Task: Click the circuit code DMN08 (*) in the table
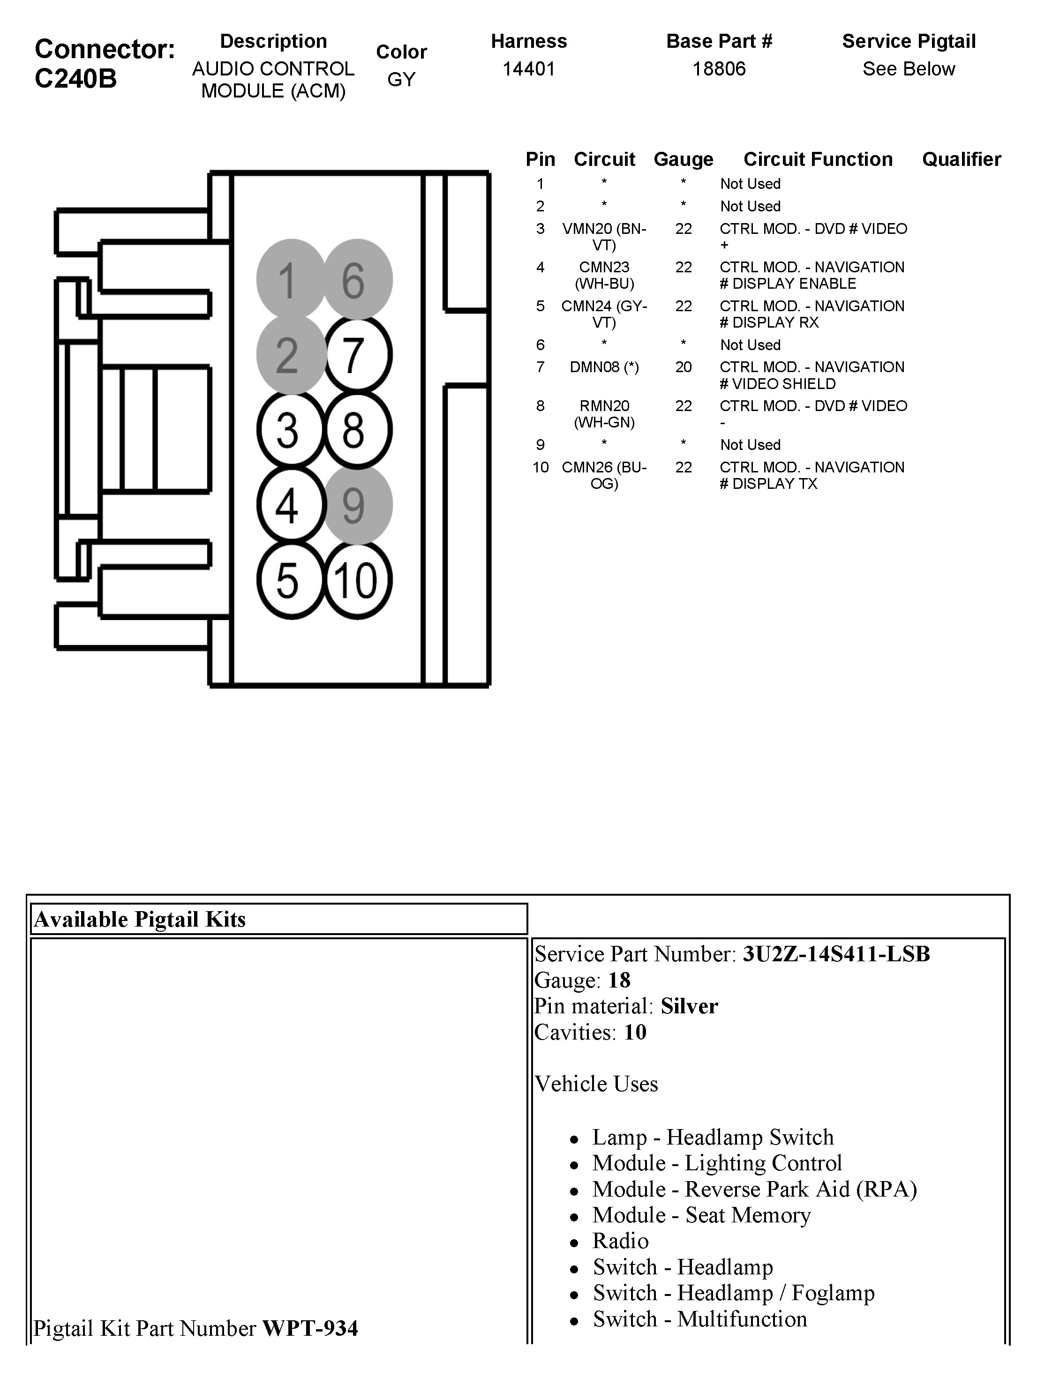pyautogui.click(x=604, y=367)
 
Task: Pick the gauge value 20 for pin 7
pyautogui.click(x=683, y=367)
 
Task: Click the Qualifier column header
pyautogui.click(x=961, y=159)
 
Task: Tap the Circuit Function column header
pyautogui.click(x=817, y=159)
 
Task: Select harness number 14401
pyautogui.click(x=528, y=68)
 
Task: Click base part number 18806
pyautogui.click(x=719, y=68)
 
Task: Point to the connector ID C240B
pyautogui.click(x=75, y=78)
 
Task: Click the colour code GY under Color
pyautogui.click(x=401, y=80)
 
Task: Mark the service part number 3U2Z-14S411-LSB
pyautogui.click(x=835, y=954)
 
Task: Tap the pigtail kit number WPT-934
pyautogui.click(x=310, y=1329)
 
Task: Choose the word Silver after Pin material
pyautogui.click(x=689, y=1006)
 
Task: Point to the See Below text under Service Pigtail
pyautogui.click(x=909, y=68)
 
